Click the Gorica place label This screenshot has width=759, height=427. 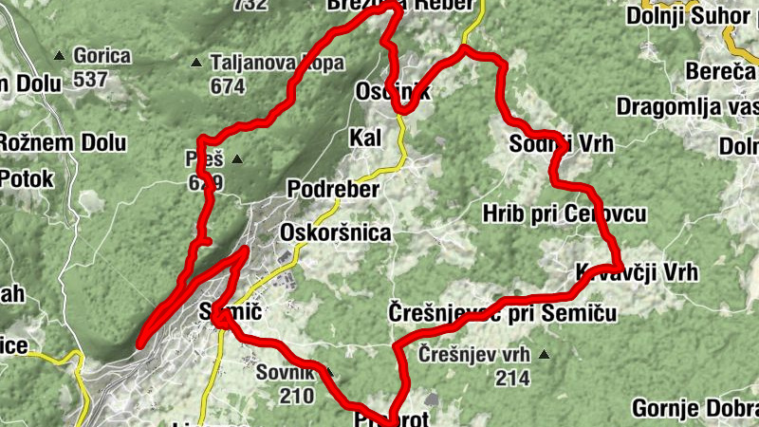coord(102,56)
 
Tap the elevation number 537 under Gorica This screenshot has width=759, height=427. coord(90,80)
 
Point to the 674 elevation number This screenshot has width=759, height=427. coord(228,86)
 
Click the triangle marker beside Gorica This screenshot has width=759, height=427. coord(61,56)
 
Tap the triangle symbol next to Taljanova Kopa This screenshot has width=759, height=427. coord(196,64)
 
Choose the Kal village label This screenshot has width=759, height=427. coord(365,139)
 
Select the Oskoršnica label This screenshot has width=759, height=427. coord(335,232)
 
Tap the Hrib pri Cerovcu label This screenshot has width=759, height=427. coord(564,213)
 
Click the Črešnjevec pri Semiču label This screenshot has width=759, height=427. coord(503,312)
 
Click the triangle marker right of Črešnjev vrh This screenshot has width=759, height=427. coord(544,356)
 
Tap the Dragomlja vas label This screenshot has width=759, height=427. coord(686,106)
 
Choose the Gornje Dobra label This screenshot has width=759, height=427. coord(694,409)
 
